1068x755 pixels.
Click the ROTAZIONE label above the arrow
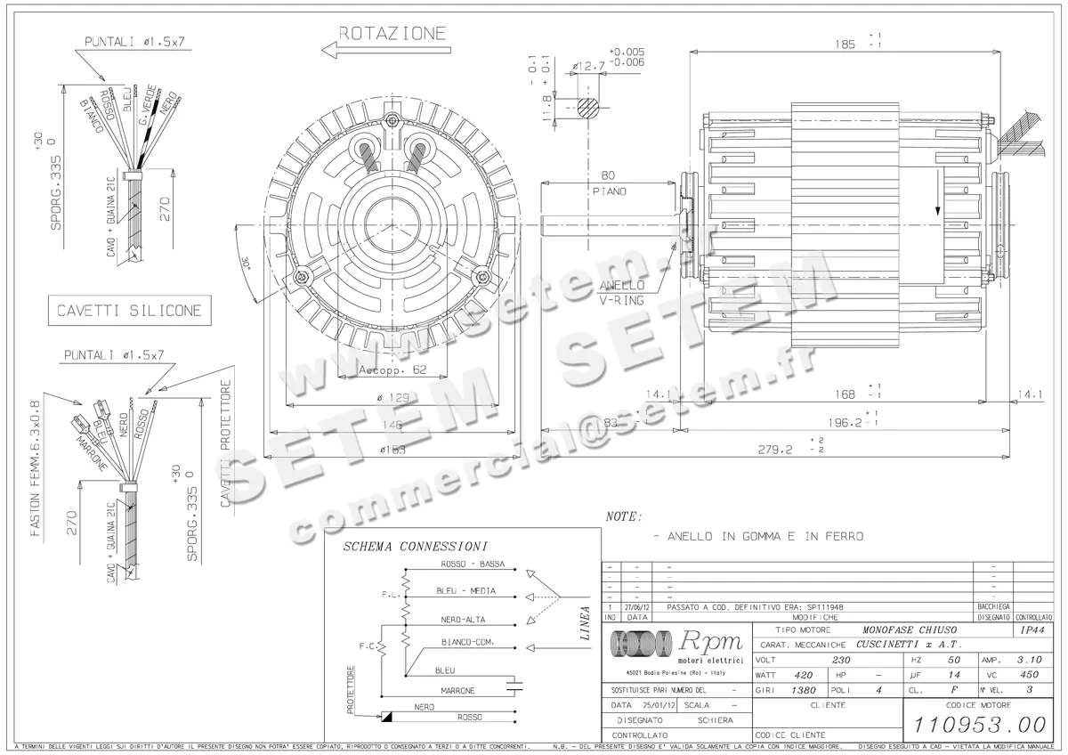point(392,34)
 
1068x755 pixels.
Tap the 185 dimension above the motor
point(845,42)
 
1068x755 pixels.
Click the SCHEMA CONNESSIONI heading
point(415,546)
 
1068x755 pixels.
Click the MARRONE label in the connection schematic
point(457,690)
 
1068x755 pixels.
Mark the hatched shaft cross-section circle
point(587,107)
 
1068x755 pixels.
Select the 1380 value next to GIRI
point(805,690)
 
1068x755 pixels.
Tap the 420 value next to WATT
point(804,675)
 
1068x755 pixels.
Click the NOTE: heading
point(623,516)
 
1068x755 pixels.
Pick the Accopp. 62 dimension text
point(392,369)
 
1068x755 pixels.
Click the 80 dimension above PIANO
point(609,175)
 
